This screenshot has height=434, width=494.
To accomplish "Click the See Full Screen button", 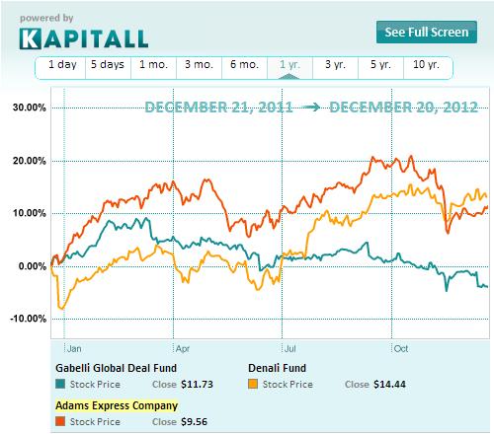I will pos(427,33).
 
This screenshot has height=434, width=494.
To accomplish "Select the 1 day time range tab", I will pos(60,66).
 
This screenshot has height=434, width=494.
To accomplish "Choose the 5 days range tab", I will pos(107,66).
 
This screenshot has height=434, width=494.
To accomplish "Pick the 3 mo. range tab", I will pos(199,66).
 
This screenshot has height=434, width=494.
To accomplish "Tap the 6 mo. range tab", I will pos(244,66).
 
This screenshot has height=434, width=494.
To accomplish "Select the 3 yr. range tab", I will pos(335,66).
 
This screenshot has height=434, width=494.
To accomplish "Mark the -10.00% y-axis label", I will pos(26,319).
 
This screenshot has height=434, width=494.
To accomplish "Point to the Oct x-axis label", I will pos(401,348).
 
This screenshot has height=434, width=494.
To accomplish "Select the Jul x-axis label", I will pos(290,348).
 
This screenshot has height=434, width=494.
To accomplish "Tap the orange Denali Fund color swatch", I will pos(252,384).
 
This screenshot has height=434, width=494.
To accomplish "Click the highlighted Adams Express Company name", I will pos(117,404).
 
